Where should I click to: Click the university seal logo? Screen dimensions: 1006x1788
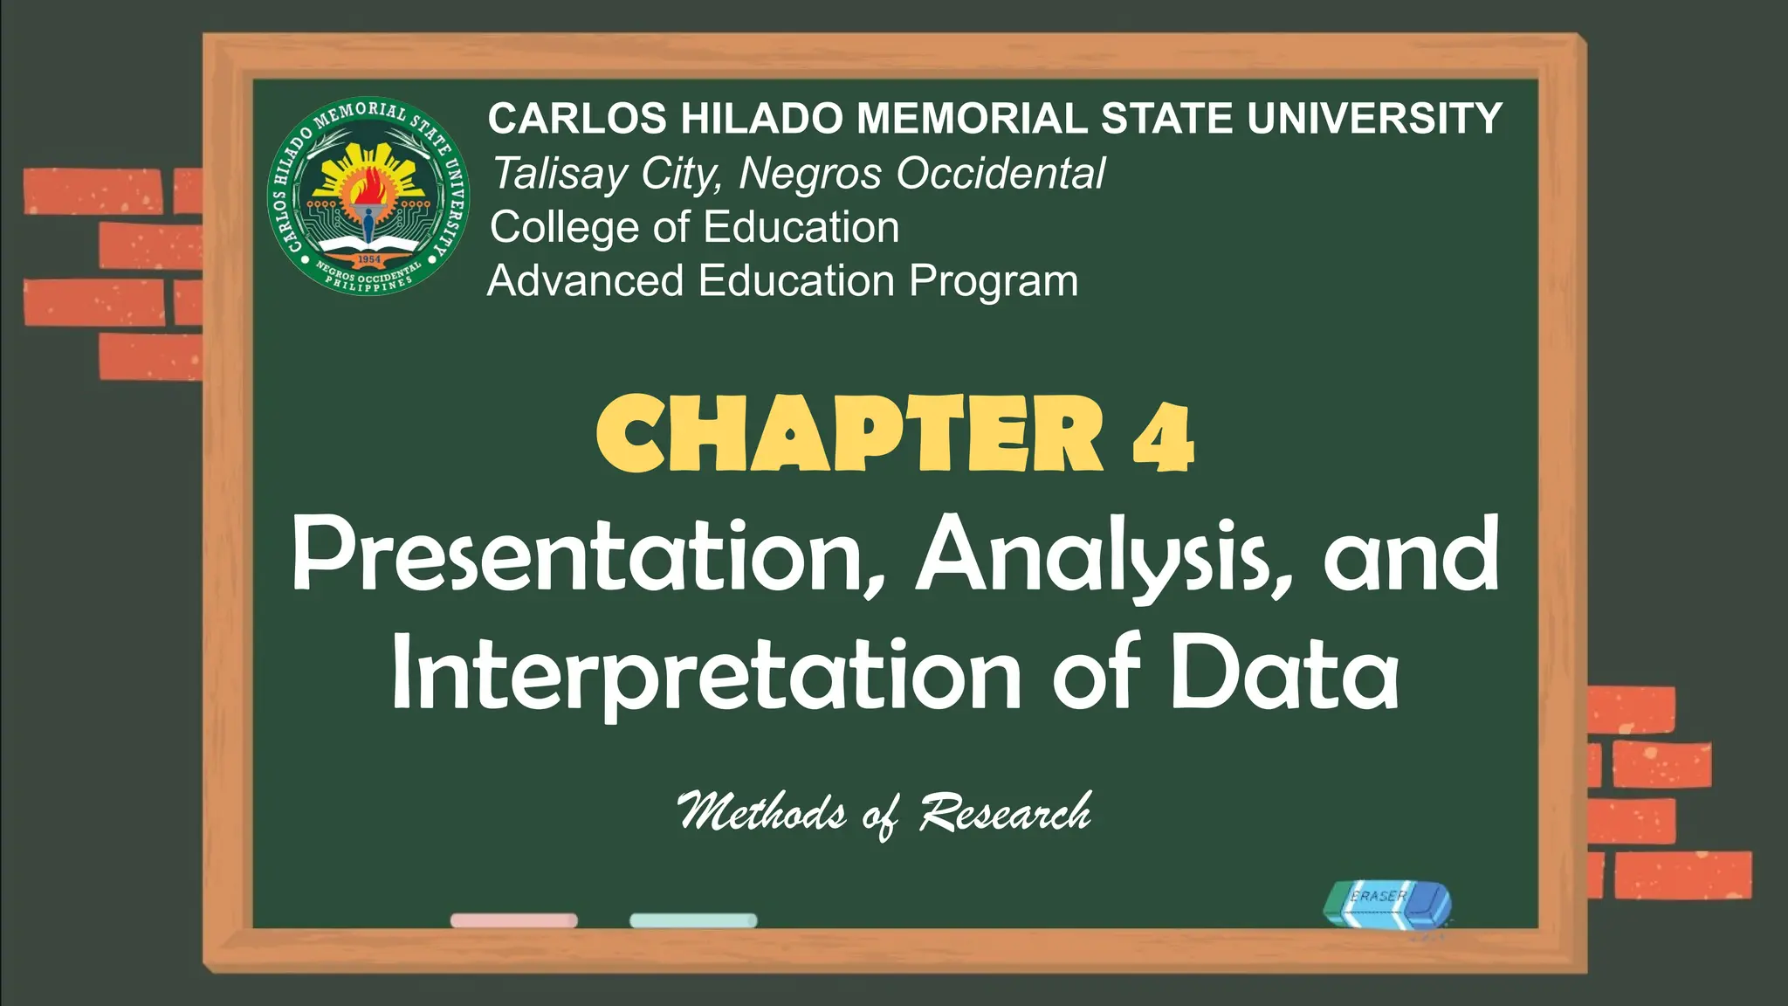[368, 196]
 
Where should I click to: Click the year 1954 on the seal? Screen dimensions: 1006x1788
[369, 259]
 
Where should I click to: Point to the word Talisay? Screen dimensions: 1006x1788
[559, 174]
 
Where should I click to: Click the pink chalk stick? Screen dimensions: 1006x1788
[513, 920]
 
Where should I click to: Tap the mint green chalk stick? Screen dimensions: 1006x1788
[693, 920]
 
